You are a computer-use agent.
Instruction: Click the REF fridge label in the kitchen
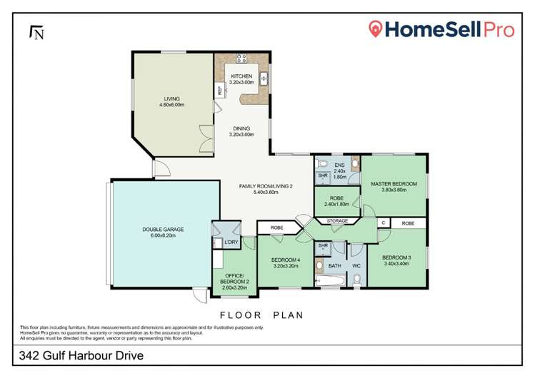(x=219, y=90)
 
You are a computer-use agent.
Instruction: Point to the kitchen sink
(x=264, y=78)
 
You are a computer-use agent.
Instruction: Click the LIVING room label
(x=171, y=99)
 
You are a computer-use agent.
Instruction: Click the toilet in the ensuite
(x=321, y=163)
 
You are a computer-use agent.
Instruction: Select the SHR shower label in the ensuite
(x=323, y=176)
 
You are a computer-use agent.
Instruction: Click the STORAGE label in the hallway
(x=339, y=221)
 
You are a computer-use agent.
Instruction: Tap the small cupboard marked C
(x=383, y=223)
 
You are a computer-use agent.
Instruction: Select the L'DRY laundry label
(x=231, y=243)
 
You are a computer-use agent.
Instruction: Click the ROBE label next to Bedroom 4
(x=276, y=228)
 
